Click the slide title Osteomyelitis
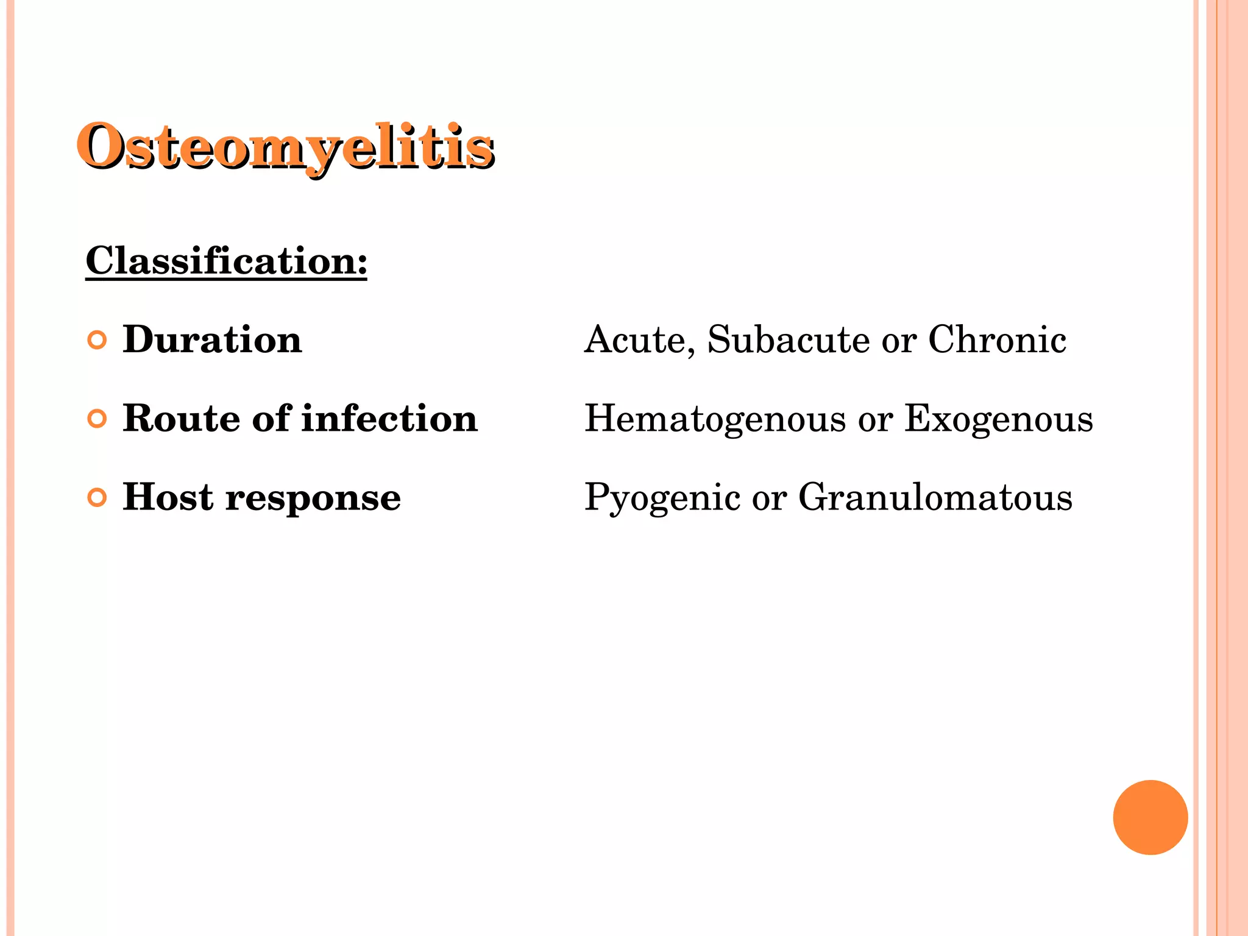(285, 147)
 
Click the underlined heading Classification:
(226, 261)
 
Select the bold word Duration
(212, 339)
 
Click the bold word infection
(389, 419)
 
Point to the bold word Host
(168, 497)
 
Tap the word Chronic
(997, 339)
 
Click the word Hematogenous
(715, 419)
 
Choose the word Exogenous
(999, 419)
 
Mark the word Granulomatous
(935, 497)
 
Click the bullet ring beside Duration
(97, 340)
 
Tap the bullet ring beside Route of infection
(97, 419)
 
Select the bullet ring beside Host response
(97, 497)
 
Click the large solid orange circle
(1150, 817)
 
